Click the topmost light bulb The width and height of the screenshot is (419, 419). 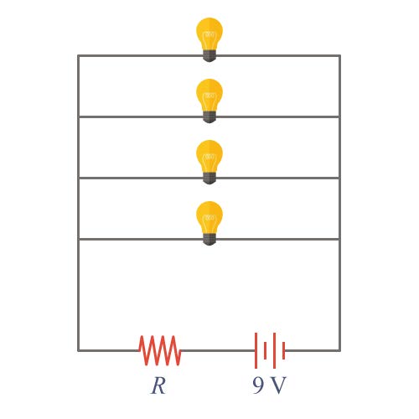(209, 39)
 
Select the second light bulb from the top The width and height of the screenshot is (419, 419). (209, 101)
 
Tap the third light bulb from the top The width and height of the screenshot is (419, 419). (209, 162)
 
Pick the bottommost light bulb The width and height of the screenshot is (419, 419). (209, 223)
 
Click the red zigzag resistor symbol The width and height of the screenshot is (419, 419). (160, 350)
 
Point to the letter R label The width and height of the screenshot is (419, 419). (158, 385)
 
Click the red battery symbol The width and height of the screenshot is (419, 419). (270, 350)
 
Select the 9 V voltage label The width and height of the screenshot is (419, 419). (269, 385)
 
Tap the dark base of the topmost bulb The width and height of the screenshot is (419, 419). (209, 56)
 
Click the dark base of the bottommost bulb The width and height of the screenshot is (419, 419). (209, 240)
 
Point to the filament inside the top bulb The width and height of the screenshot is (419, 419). (209, 35)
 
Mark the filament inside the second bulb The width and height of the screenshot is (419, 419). (209, 96)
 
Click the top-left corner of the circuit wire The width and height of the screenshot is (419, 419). (78, 56)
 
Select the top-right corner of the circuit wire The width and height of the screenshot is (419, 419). (340, 56)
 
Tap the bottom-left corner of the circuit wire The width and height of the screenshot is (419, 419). (78, 350)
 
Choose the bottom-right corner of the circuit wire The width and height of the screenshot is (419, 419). (340, 350)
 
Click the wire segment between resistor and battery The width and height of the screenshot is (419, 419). (218, 350)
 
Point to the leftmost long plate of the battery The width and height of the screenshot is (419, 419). (256, 350)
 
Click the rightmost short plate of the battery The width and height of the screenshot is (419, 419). (284, 350)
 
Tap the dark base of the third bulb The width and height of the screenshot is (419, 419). (209, 178)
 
